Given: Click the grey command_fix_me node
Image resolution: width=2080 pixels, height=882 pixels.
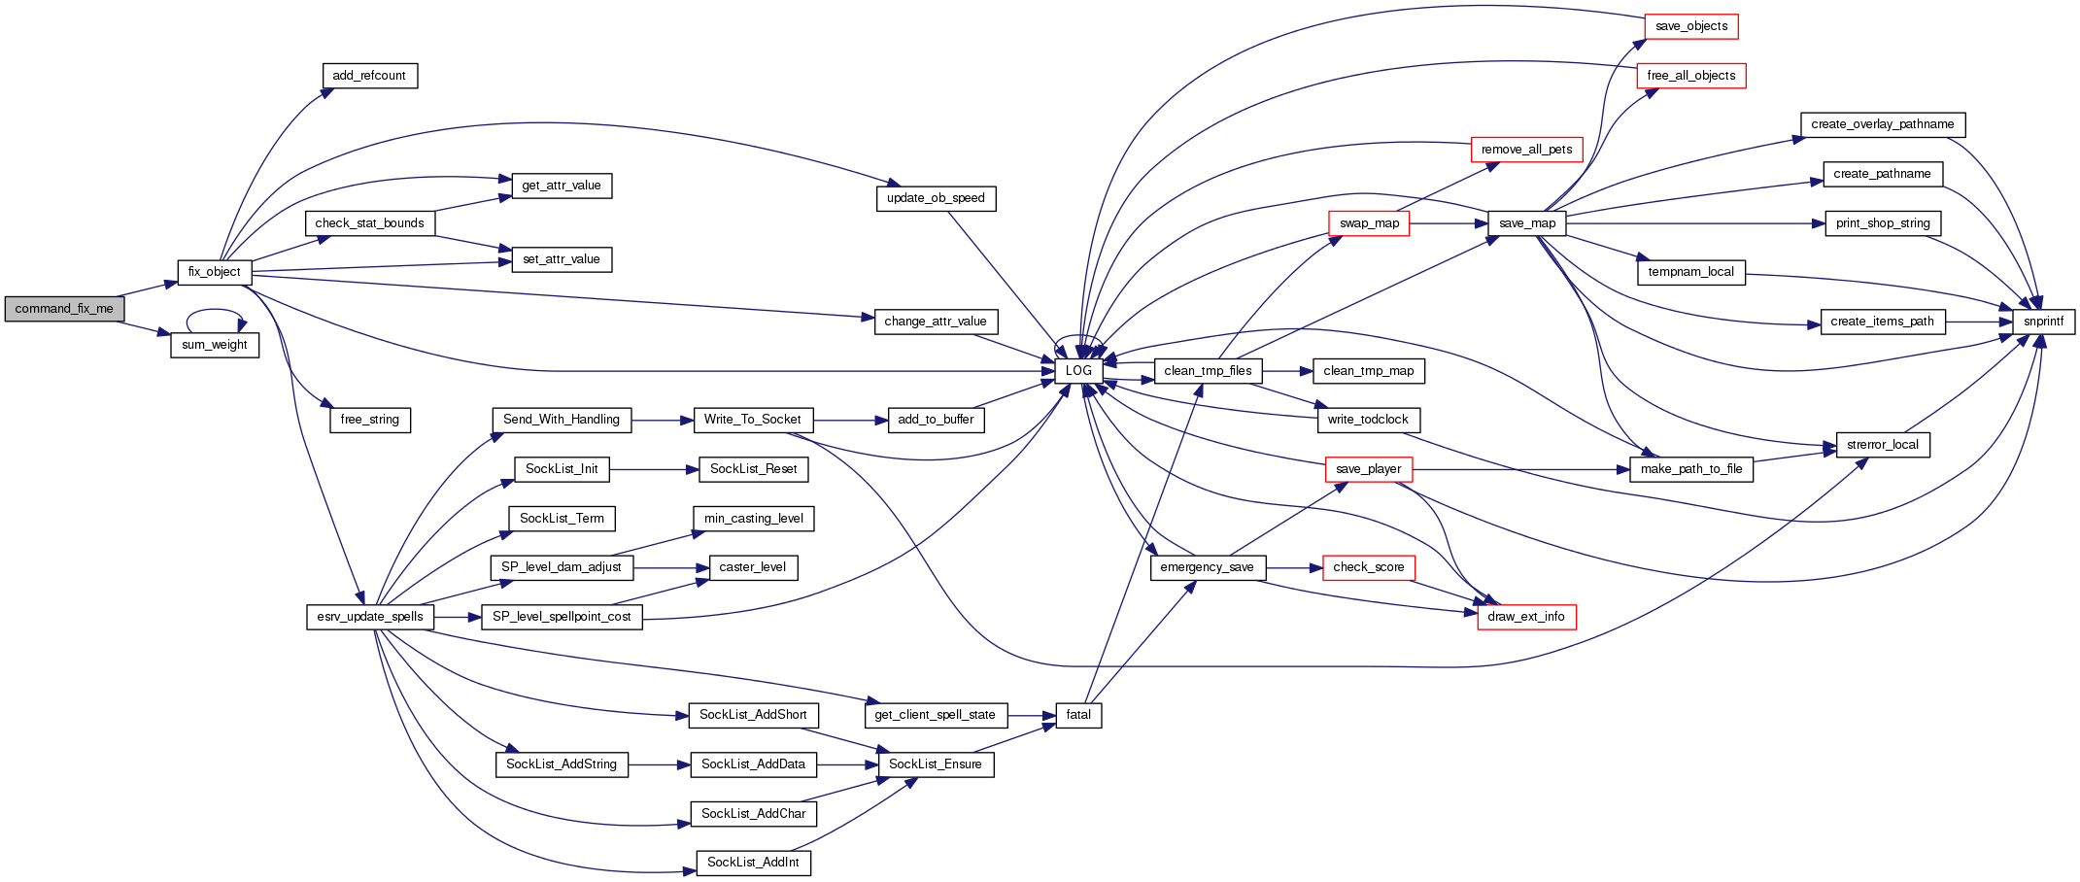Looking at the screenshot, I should (64, 309).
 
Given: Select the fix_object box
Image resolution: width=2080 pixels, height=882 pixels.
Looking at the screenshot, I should (215, 272).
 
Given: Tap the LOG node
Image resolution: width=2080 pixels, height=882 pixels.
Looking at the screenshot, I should (1078, 371).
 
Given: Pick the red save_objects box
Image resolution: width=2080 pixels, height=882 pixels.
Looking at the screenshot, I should (1690, 26).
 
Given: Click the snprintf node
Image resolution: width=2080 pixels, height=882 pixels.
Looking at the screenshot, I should (2043, 322).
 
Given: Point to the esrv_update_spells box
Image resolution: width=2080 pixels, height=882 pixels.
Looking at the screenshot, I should (369, 617).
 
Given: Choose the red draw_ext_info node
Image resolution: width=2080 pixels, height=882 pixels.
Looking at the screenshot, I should (1526, 617).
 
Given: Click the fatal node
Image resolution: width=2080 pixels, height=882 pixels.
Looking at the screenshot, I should (1078, 715).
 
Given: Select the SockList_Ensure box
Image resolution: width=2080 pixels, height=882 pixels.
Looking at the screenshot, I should (935, 764).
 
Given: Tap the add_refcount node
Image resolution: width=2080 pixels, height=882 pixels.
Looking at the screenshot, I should (369, 76).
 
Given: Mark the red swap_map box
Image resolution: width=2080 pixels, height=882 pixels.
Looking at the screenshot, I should (1369, 223).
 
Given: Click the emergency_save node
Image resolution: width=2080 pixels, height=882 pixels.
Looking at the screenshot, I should (1207, 567).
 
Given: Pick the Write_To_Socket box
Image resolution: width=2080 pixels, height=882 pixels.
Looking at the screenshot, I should (753, 420).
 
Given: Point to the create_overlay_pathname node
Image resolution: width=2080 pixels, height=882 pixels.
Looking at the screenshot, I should (1882, 124).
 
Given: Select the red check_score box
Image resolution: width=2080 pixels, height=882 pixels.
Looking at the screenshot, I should (1368, 567).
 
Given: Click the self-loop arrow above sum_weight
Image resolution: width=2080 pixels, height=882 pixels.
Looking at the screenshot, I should (215, 311).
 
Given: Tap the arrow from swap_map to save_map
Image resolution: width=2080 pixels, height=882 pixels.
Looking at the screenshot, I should (1449, 223).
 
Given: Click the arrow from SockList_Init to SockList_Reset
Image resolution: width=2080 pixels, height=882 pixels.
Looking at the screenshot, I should (654, 469).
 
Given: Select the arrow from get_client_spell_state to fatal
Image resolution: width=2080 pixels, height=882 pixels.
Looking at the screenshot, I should (1032, 715).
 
